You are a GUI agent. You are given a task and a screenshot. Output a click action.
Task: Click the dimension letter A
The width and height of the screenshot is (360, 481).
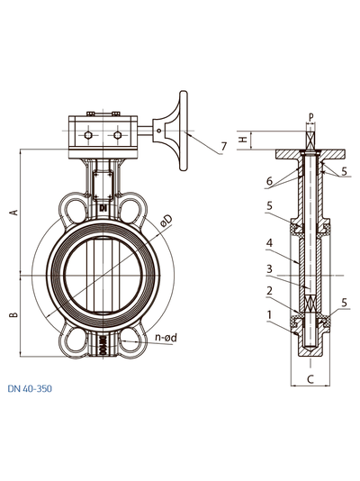13,213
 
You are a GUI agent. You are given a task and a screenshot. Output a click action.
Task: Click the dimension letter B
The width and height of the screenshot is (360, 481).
13,314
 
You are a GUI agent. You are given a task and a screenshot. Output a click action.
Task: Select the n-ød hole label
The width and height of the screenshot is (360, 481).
172,339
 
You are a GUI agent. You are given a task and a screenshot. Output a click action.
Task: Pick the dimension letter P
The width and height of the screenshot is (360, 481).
309,116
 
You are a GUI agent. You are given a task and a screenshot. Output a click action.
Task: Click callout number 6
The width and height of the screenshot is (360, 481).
268,181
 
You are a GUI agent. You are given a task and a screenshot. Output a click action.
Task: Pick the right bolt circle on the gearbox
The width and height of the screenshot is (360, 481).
117,136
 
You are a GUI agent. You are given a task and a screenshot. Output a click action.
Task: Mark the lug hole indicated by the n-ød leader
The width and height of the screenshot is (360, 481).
132,341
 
